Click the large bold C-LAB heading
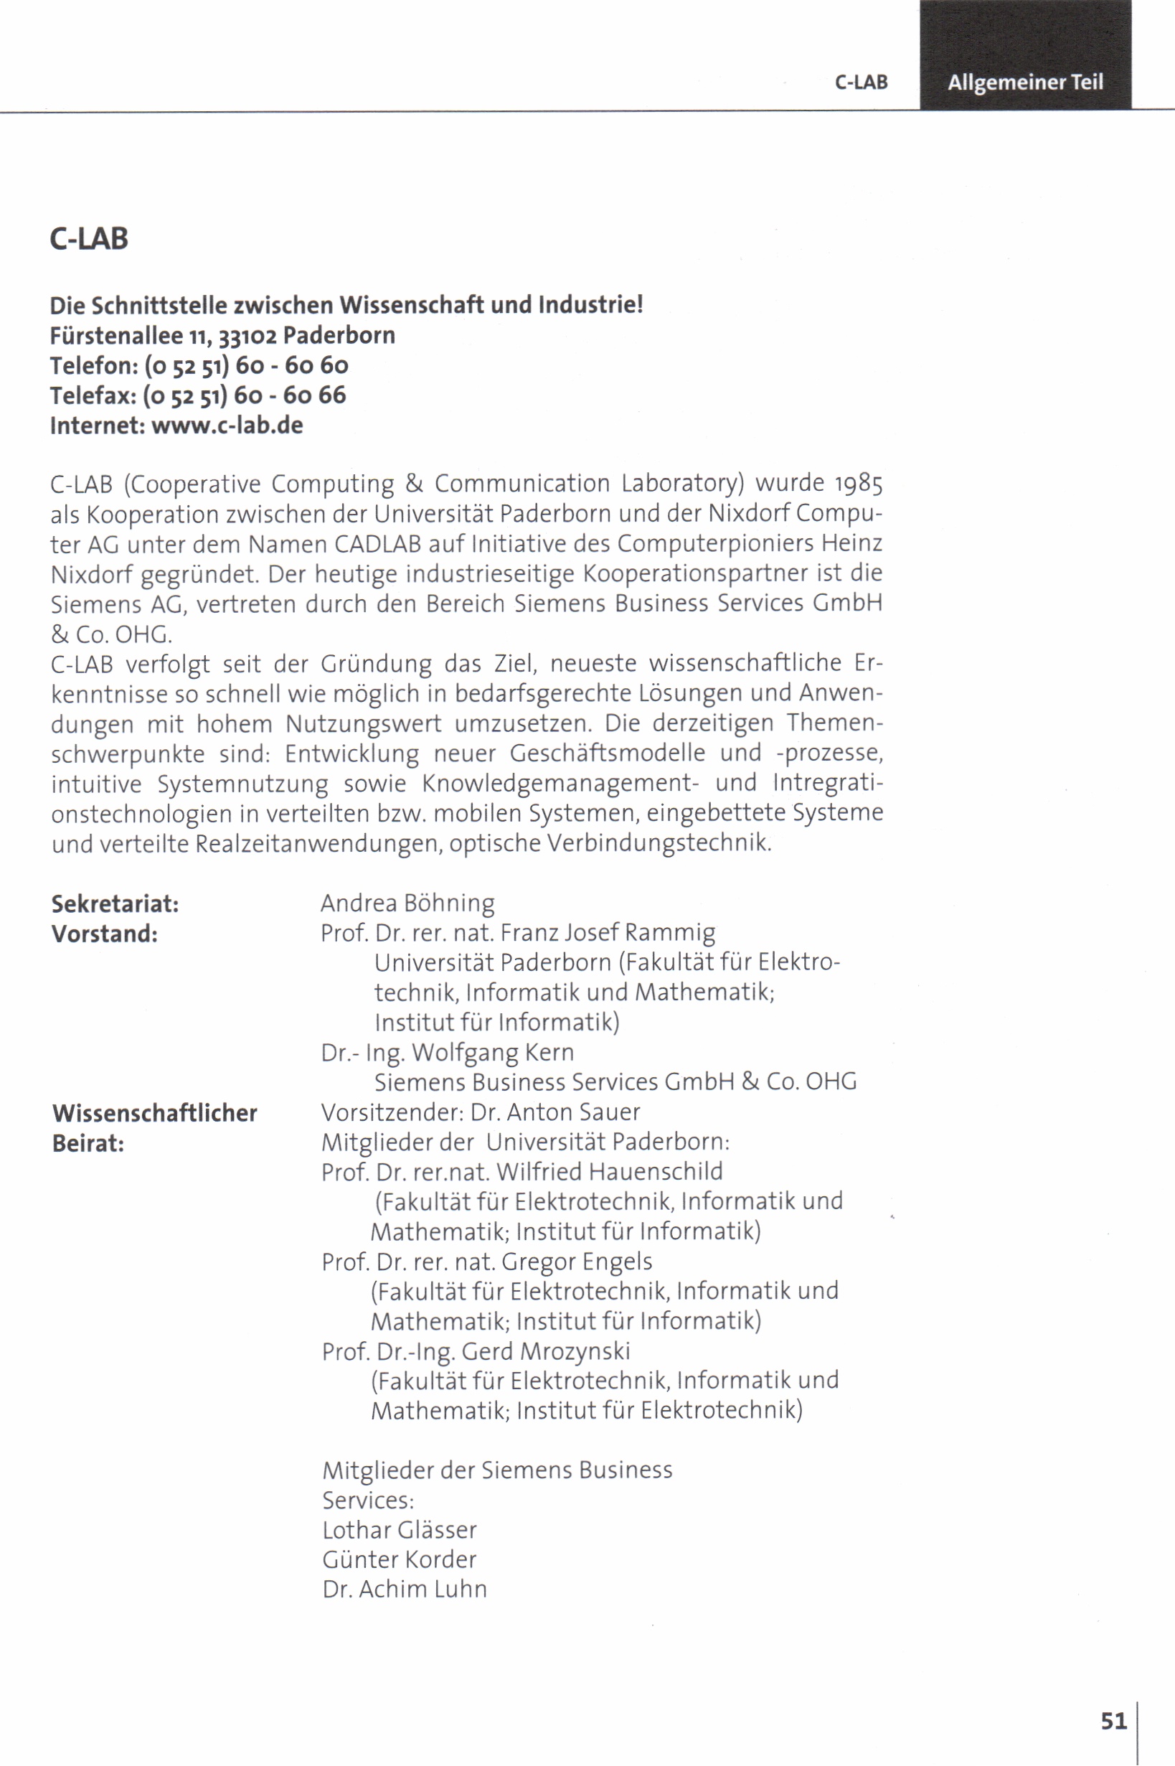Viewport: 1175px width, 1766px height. point(89,239)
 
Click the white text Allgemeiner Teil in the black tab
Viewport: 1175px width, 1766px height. point(1025,82)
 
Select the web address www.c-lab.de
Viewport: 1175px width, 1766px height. point(227,426)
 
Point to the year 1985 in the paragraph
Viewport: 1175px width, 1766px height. point(859,484)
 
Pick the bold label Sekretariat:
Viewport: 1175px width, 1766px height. point(115,904)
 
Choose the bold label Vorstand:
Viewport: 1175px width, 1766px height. point(104,934)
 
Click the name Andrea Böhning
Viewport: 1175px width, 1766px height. point(407,904)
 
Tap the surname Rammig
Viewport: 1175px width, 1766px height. point(670,933)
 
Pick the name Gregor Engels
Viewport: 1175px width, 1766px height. point(577,1262)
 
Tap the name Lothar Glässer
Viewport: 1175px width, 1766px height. point(400,1530)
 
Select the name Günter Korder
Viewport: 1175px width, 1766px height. point(400,1560)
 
